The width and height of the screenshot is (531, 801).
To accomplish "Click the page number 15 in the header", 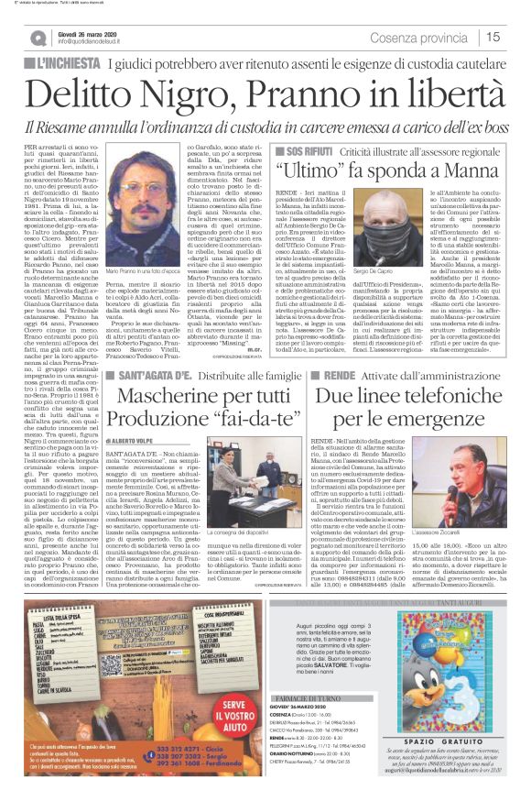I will point(493,37).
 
